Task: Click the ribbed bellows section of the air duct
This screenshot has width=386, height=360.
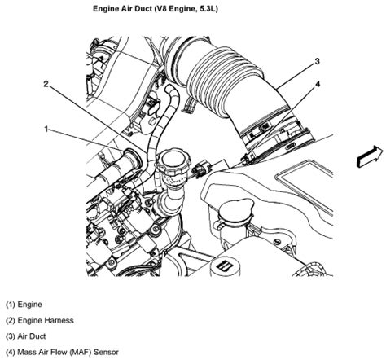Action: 220,77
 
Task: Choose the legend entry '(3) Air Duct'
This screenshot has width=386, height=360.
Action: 34,336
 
